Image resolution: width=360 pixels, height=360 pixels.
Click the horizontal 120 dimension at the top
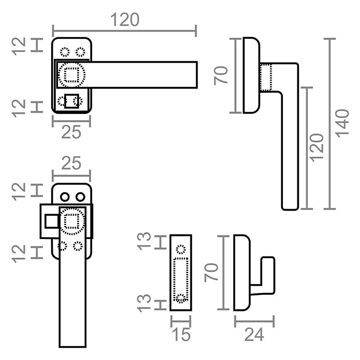pos(125,20)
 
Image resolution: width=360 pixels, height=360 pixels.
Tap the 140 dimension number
pos(342,124)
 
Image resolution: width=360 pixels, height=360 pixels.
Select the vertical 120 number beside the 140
pos(317,147)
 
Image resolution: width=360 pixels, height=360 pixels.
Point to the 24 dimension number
pos(254,335)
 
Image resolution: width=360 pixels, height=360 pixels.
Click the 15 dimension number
pos(182,335)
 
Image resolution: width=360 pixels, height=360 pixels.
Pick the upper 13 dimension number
pos(144,241)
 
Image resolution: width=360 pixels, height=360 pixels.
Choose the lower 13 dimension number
pos(144,303)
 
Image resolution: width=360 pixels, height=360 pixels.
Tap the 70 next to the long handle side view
pos(221,76)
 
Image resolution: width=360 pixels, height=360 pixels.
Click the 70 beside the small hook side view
pos(211,273)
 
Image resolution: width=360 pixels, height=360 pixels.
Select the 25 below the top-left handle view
pos(71,132)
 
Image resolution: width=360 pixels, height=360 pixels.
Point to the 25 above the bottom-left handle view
pos(71,163)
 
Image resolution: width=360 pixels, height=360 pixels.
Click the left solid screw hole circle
pos(65,197)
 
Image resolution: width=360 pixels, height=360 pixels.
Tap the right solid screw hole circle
pos(80,197)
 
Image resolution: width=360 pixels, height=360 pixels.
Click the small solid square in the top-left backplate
pos(71,101)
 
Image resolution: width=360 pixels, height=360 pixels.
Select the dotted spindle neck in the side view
pos(266,78)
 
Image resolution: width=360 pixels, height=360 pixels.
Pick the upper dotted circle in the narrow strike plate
pos(181,249)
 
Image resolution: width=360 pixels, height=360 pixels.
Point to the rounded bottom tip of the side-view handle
pos(290,209)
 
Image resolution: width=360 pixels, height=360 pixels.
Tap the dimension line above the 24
pos(254,321)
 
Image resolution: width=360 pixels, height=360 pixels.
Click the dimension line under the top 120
pos(125,31)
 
